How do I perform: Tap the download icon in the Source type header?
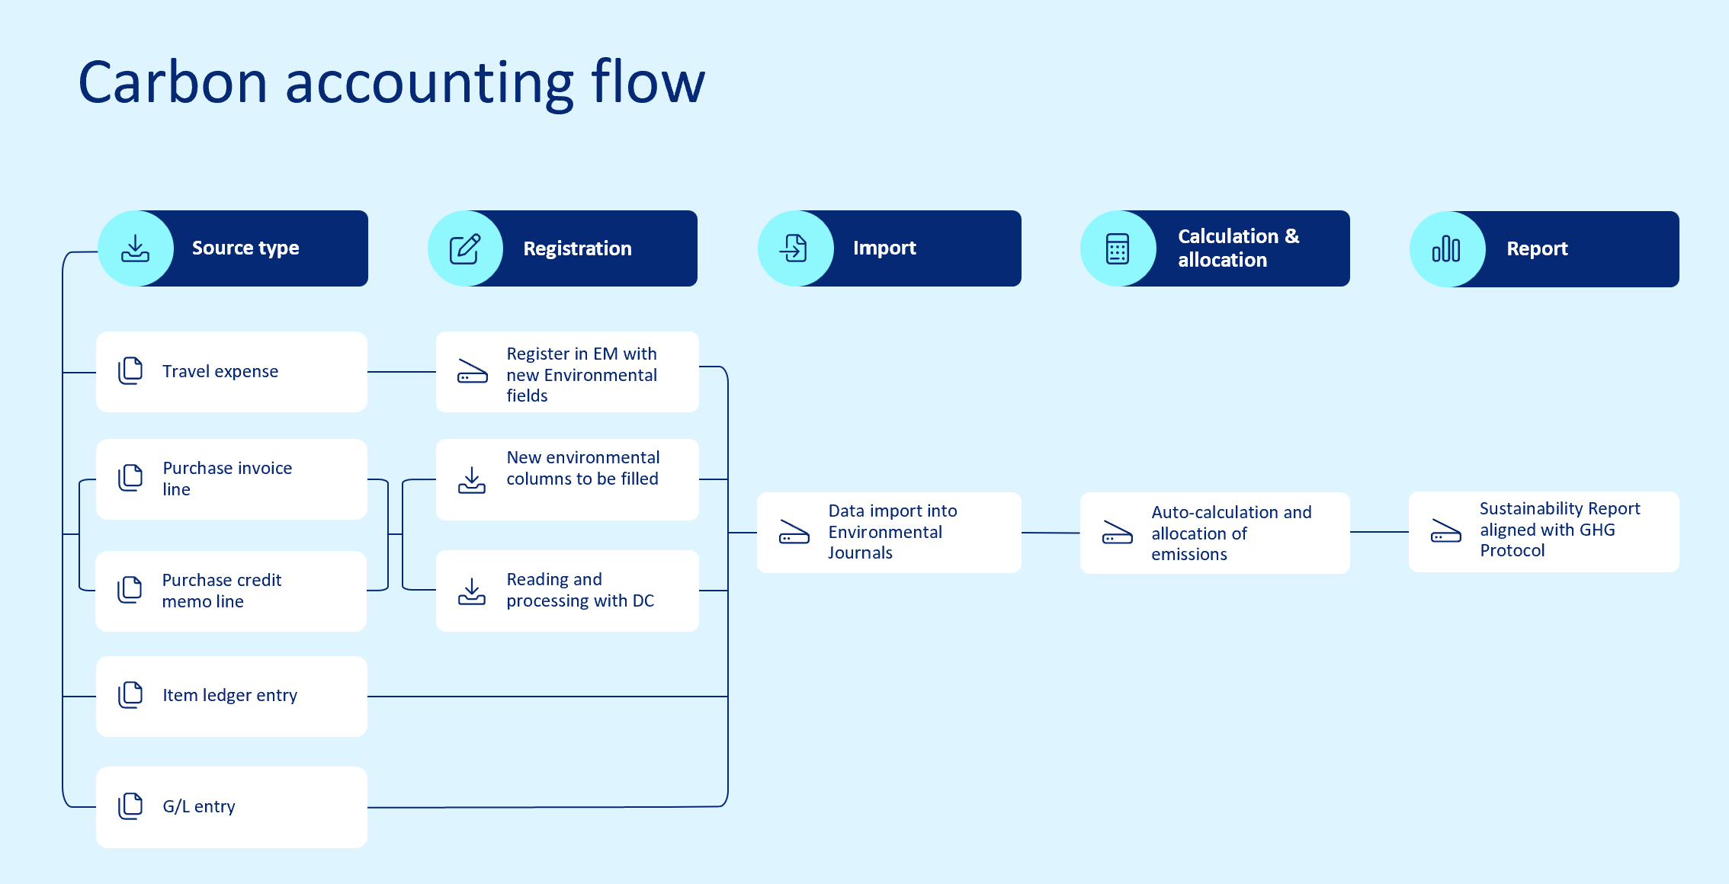[x=136, y=248]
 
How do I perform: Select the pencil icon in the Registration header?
[x=465, y=248]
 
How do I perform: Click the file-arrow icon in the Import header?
[x=794, y=248]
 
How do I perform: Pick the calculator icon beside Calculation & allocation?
[x=1118, y=248]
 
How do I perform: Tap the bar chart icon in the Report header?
[x=1446, y=249]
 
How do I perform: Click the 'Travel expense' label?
[x=220, y=371]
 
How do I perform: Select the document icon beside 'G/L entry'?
[x=130, y=806]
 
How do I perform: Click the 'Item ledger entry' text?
[x=229, y=695]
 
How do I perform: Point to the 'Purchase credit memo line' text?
[x=221, y=591]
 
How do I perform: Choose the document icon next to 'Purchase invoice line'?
[x=130, y=478]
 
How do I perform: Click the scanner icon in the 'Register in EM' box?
[x=472, y=371]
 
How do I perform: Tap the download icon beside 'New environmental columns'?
[x=472, y=480]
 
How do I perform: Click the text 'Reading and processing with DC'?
[x=579, y=590]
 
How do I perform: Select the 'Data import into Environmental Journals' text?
[x=892, y=531]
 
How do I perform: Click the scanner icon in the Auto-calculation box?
[x=1118, y=532]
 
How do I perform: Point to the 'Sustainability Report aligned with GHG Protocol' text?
[x=1559, y=530]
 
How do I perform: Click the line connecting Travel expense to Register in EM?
[x=401, y=372]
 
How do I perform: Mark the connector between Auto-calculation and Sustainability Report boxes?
[x=1378, y=532]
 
